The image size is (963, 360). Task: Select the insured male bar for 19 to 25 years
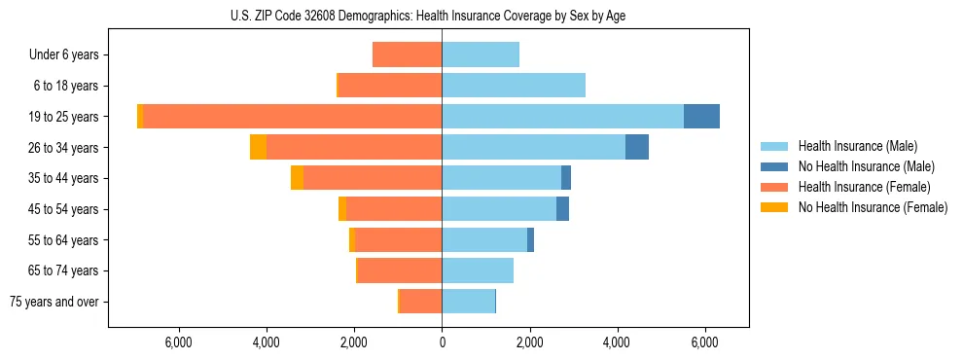[x=562, y=116]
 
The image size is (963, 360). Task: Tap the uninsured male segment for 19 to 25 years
[x=701, y=116]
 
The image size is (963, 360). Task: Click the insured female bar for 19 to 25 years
[x=292, y=116]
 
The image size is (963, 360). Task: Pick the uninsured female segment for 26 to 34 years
[x=258, y=147]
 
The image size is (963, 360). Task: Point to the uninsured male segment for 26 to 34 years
[x=637, y=147]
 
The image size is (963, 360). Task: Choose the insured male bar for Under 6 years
[x=481, y=54]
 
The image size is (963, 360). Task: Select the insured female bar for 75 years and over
[x=421, y=302]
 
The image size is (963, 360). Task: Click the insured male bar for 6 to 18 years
[x=514, y=86]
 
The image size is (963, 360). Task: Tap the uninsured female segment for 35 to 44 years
[x=297, y=178]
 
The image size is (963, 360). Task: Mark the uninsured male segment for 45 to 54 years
[x=562, y=208]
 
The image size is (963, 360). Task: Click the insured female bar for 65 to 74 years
[x=400, y=270]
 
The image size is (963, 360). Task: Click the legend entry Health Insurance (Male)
[x=857, y=146]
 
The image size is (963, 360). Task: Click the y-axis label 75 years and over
[x=54, y=302]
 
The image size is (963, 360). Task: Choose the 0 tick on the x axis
[x=442, y=342]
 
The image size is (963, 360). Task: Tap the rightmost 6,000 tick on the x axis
[x=704, y=342]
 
